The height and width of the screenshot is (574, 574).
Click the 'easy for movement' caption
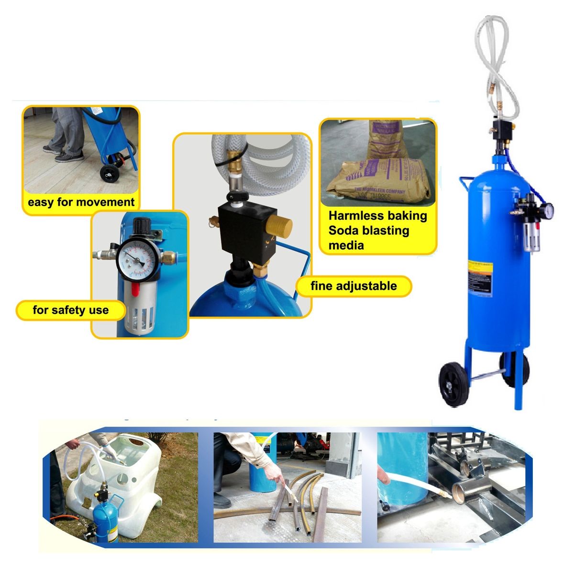[81, 202]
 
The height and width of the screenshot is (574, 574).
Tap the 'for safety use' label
[71, 310]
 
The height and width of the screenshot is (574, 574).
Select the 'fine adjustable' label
[353, 286]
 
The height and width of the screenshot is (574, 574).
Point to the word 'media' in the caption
[346, 245]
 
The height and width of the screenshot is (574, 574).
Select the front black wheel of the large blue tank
[453, 384]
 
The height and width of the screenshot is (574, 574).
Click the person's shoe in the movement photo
[71, 156]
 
